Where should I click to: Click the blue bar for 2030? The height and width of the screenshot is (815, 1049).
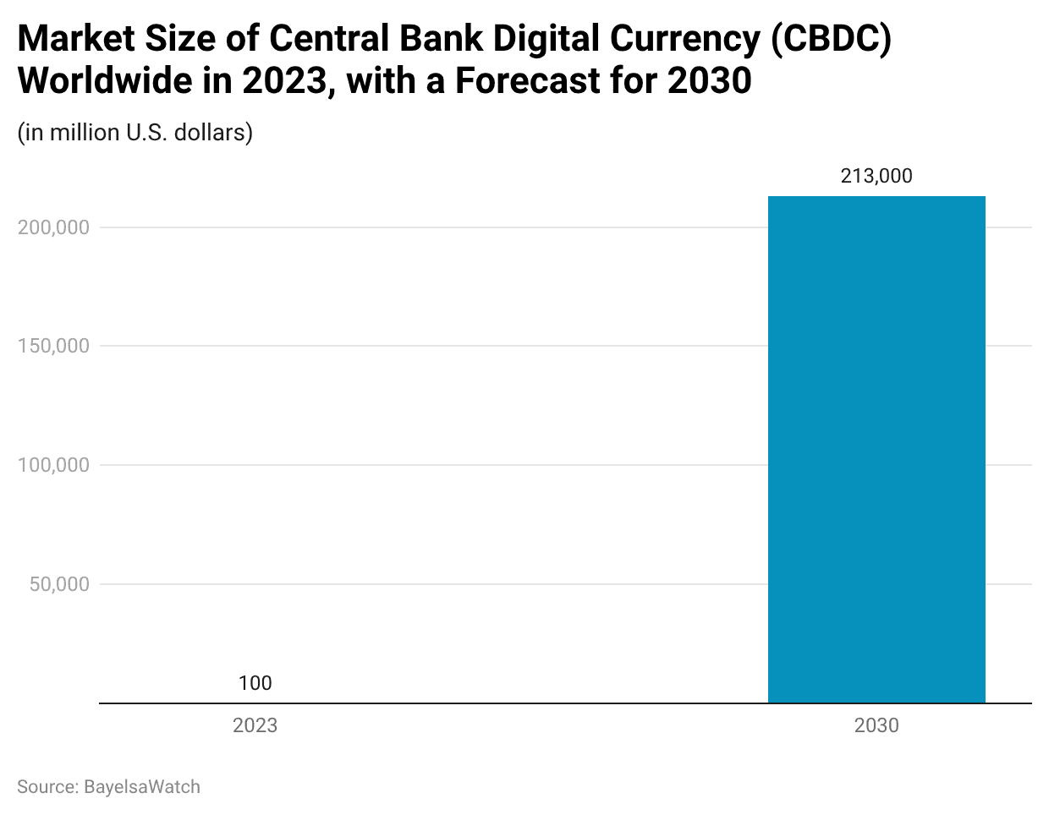pos(876,449)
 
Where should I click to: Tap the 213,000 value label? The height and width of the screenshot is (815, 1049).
pos(876,176)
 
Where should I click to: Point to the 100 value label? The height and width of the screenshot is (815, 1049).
pos(255,683)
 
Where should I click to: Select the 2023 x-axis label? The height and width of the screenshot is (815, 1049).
pos(255,725)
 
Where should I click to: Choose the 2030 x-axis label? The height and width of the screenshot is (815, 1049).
pos(876,725)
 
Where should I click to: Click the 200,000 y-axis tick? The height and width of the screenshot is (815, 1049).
pos(53,227)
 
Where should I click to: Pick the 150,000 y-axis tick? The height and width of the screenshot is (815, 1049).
pos(53,346)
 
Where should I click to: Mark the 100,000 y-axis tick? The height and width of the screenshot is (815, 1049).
pos(53,465)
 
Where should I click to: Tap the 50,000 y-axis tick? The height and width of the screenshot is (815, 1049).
pos(59,584)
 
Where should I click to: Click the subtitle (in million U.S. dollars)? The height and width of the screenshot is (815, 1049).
pos(135,133)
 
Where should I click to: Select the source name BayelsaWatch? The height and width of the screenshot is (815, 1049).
pos(142,787)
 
